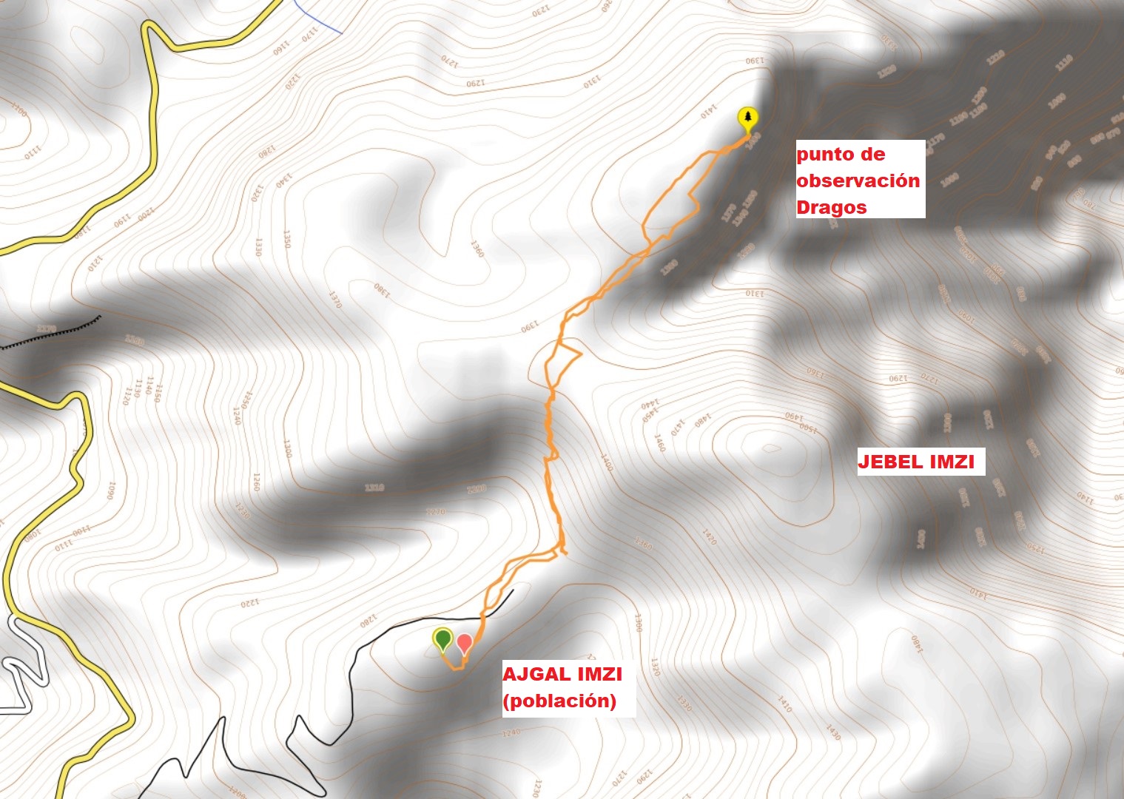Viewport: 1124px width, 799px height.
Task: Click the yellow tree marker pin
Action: point(748,119)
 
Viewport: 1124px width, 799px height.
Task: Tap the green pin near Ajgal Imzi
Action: point(442,638)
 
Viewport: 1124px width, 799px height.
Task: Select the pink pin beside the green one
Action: point(464,643)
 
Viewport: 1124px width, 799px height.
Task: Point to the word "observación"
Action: point(858,181)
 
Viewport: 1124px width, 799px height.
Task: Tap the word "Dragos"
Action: point(831,207)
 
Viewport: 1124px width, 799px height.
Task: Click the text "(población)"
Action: point(559,701)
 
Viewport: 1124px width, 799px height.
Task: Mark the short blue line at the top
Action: point(318,16)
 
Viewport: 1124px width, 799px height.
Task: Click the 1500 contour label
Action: point(807,429)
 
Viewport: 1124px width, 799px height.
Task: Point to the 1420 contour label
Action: point(709,536)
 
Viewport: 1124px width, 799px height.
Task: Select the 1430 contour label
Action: point(833,732)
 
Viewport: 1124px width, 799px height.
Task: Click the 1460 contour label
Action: point(659,443)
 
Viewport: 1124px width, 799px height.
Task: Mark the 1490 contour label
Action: point(793,417)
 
